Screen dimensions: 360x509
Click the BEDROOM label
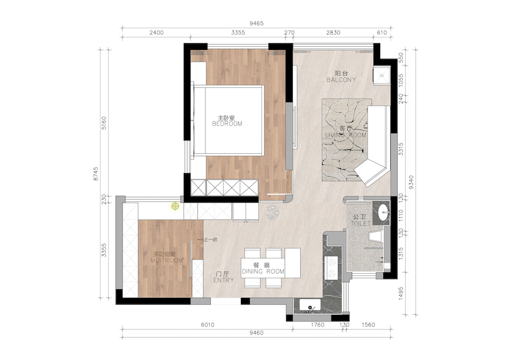pyautogui.click(x=227, y=124)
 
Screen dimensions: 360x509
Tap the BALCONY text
pyautogui.click(x=341, y=80)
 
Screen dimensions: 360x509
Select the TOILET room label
pyautogui.click(x=361, y=224)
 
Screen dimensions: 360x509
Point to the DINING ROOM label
pyautogui.click(x=263, y=271)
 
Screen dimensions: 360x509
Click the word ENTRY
pyautogui.click(x=223, y=280)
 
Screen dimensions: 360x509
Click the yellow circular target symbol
pyautogui.click(x=175, y=206)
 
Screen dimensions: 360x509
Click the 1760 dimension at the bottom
pyautogui.click(x=318, y=325)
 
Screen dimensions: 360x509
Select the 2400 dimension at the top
pyautogui.click(x=156, y=33)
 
